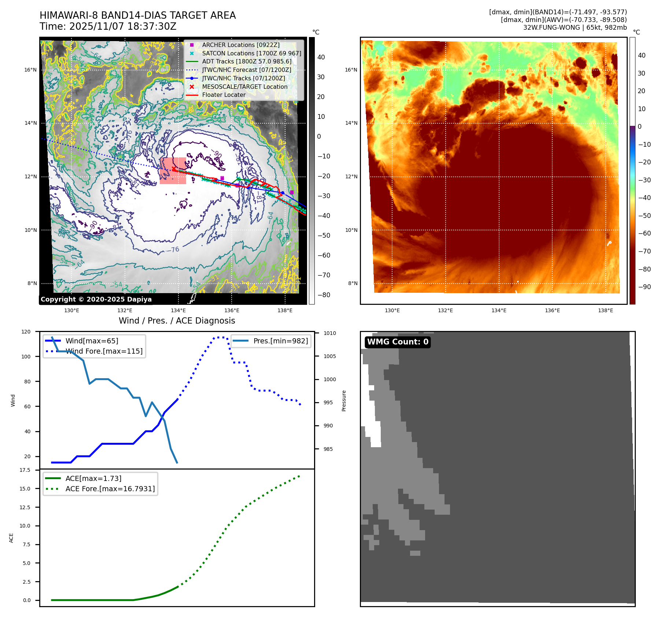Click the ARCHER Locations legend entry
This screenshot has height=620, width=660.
pyautogui.click(x=240, y=45)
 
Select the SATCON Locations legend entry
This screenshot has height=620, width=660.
pyautogui.click(x=251, y=53)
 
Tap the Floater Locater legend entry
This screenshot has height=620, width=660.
pyautogui.click(x=224, y=95)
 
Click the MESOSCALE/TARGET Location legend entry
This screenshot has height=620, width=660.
pyautogui.click(x=244, y=87)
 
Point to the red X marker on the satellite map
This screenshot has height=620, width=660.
pyautogui.click(x=174, y=169)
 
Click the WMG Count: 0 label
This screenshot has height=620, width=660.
pyautogui.click(x=398, y=342)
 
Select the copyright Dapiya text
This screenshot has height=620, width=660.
pyautogui.click(x=96, y=299)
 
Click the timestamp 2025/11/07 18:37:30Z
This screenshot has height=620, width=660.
pyautogui.click(x=123, y=27)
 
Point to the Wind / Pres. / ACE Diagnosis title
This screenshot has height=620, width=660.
pyautogui.click(x=177, y=321)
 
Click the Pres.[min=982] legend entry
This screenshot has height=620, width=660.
pyautogui.click(x=280, y=341)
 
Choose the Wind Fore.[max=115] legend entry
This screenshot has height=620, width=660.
pyautogui.click(x=104, y=351)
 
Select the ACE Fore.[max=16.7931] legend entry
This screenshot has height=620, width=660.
pyautogui.click(x=110, y=489)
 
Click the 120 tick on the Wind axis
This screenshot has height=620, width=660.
pyautogui.click(x=26, y=332)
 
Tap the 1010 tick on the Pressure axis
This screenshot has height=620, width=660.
pyautogui.click(x=329, y=333)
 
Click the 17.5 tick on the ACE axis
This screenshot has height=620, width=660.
pyautogui.click(x=25, y=470)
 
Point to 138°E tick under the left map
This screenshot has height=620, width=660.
pyautogui.click(x=285, y=310)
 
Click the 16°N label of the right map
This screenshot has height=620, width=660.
pyautogui.click(x=351, y=70)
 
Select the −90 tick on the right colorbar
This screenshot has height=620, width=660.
pyautogui.click(x=644, y=287)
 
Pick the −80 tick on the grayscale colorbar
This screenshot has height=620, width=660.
pyautogui.click(x=324, y=295)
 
